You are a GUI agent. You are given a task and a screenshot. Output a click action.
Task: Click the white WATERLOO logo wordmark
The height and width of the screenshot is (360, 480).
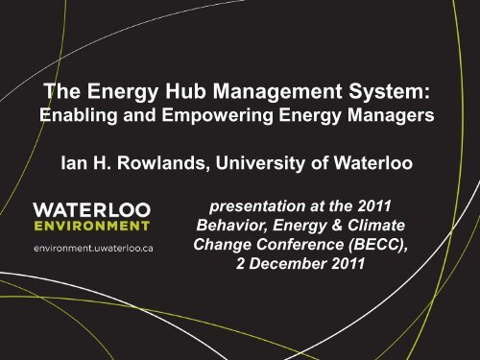click(90, 209)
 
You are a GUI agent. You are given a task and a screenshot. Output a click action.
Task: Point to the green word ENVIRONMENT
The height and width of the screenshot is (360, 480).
click(91, 227)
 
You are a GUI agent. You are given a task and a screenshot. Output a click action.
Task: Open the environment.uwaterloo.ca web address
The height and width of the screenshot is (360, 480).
click(91, 249)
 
